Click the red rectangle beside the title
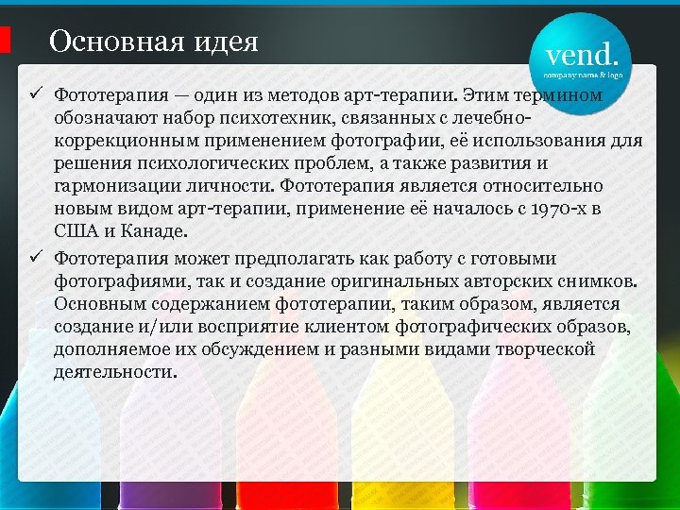click(x=5, y=40)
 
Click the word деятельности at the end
click(x=114, y=372)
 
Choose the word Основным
click(x=104, y=304)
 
